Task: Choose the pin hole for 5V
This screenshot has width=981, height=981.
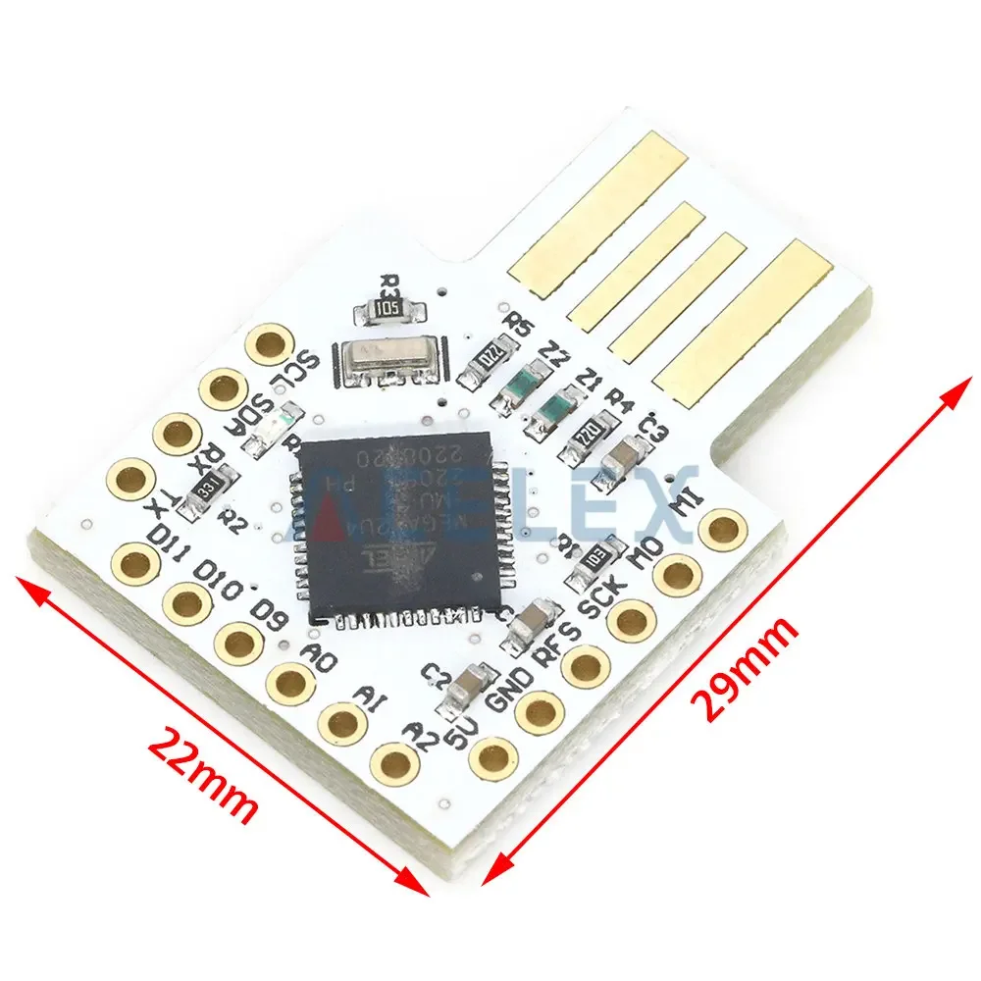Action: (492, 756)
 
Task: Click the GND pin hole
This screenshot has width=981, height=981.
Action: (541, 711)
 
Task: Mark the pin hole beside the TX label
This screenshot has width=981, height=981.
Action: (130, 479)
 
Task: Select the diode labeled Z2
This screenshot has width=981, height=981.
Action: (519, 384)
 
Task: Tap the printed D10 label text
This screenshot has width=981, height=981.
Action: (217, 578)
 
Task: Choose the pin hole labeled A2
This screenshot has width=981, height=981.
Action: (394, 763)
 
